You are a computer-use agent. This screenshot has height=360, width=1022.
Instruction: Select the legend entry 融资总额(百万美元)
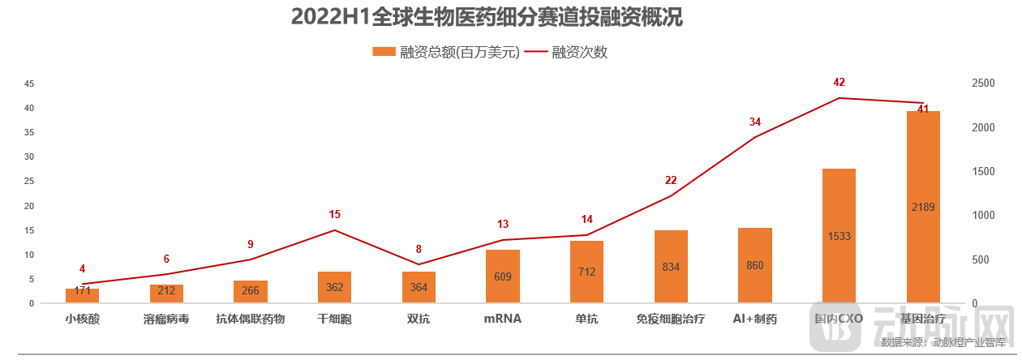[445, 53]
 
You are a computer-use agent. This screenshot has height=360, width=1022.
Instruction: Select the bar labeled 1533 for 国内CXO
[839, 236]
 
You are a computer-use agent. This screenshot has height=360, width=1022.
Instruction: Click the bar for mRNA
[503, 276]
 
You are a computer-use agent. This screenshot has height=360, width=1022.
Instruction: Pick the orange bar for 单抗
[586, 272]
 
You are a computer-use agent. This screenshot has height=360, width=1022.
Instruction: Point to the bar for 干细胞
[334, 287]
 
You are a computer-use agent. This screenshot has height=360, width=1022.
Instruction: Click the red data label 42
[839, 82]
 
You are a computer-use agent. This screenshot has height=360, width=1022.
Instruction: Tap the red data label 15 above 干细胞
[335, 214]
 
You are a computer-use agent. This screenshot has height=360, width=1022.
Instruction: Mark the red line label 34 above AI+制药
[755, 122]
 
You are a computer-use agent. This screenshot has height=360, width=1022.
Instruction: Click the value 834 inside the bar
[671, 266]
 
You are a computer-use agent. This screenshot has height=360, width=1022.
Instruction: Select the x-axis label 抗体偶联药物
[251, 319]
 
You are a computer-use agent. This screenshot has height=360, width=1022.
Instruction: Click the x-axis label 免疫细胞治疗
[671, 319]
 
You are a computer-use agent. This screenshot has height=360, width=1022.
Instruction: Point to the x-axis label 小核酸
[82, 319]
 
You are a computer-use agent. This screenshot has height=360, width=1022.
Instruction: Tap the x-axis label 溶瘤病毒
[166, 319]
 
